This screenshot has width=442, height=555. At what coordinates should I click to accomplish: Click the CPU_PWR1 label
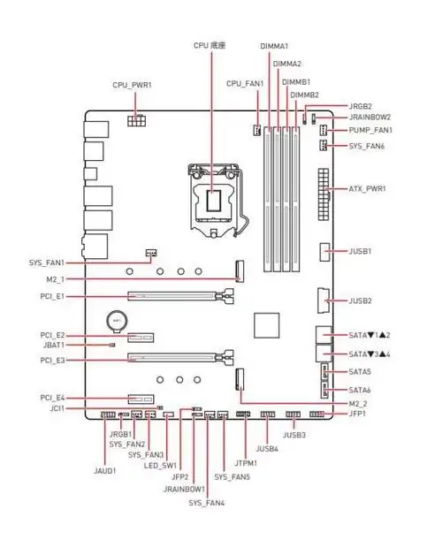pyautogui.click(x=132, y=86)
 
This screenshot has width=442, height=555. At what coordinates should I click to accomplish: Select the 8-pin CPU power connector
pyautogui.click(x=136, y=120)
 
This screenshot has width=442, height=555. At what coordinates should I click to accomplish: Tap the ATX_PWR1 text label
pyautogui.click(x=367, y=188)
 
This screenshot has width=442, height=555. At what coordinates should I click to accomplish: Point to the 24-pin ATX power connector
pyautogui.click(x=324, y=194)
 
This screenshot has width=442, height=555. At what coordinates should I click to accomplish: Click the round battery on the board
pyautogui.click(x=117, y=322)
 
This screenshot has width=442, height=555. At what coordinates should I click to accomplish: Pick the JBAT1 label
pyautogui.click(x=54, y=345)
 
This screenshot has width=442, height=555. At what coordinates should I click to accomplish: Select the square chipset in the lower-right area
pyautogui.click(x=266, y=325)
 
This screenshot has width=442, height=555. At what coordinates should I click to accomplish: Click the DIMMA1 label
pyautogui.click(x=274, y=46)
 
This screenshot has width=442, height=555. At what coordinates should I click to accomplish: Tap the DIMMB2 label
pyautogui.click(x=305, y=95)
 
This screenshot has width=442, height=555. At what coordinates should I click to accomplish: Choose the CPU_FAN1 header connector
pyautogui.click(x=257, y=131)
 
